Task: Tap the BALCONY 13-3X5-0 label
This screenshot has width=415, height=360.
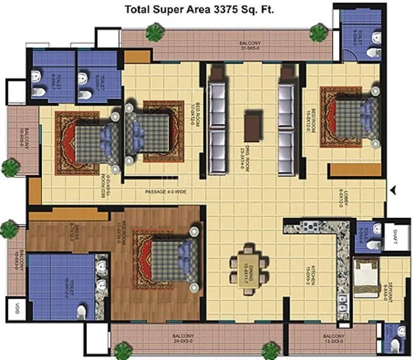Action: point(333,339)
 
